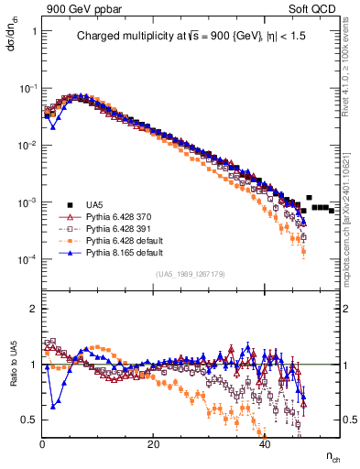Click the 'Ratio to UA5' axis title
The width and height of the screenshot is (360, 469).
11,378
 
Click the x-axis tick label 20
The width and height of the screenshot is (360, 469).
154,444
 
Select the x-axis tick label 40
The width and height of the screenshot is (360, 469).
265,444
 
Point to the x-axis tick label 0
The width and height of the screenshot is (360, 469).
43,444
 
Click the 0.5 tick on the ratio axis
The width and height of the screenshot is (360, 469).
31,419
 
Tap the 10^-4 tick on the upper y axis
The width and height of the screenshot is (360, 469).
27,259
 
